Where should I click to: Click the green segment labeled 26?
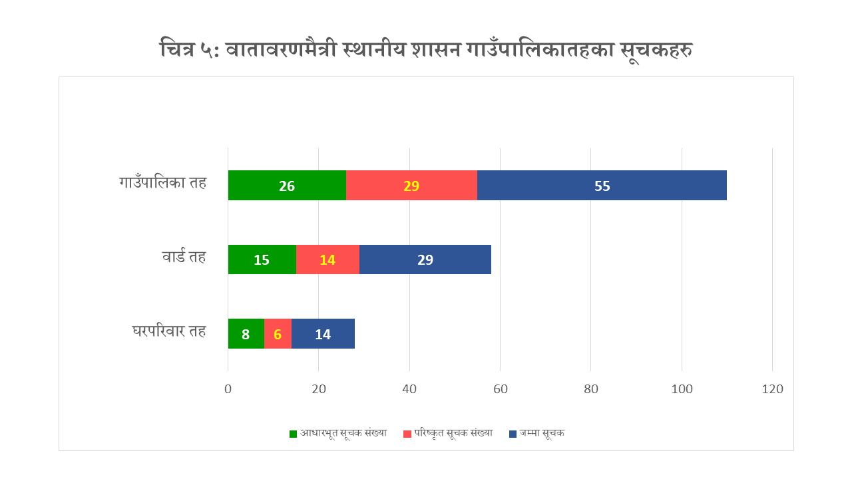click(x=287, y=185)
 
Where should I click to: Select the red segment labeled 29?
click(x=411, y=185)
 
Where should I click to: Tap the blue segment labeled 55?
click(x=602, y=185)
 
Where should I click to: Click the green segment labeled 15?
click(x=262, y=259)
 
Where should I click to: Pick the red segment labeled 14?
click(x=328, y=259)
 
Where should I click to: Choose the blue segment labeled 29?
click(x=425, y=259)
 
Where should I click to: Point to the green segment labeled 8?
click(x=246, y=333)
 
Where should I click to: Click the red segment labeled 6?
click(x=278, y=333)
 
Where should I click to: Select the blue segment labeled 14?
click(x=323, y=333)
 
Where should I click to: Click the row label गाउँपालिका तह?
click(x=163, y=182)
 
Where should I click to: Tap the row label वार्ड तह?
click(x=184, y=256)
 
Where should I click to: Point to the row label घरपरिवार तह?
click(x=169, y=331)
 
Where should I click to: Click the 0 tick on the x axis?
click(x=228, y=389)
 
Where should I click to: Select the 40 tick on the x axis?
click(x=409, y=389)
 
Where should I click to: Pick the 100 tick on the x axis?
click(x=682, y=389)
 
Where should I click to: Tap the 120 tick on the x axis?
click(x=773, y=389)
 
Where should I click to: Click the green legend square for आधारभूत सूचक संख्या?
click(x=293, y=434)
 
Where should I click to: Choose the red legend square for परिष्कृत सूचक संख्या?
click(x=407, y=434)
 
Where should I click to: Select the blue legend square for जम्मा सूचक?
click(x=513, y=434)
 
